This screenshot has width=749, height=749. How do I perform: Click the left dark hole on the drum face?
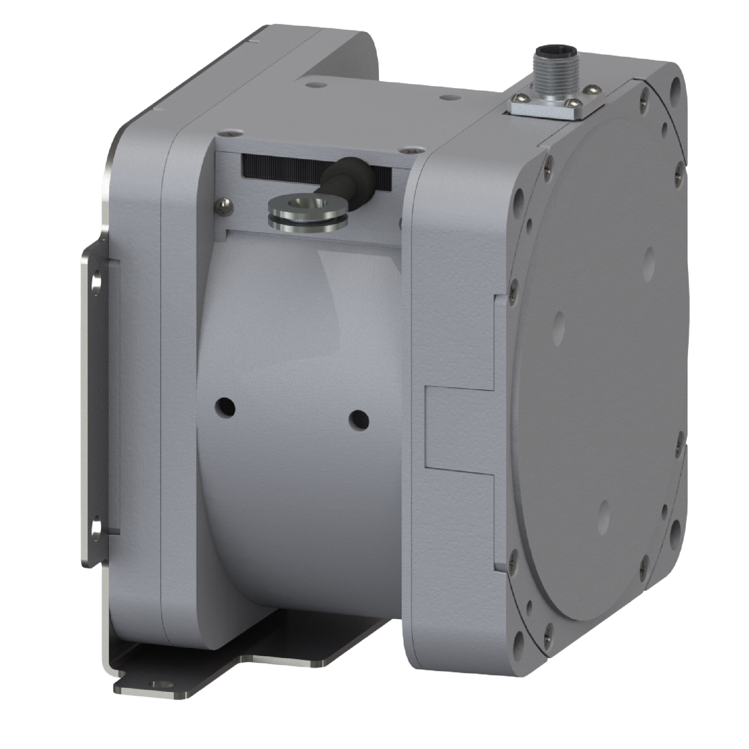pos(225,407)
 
